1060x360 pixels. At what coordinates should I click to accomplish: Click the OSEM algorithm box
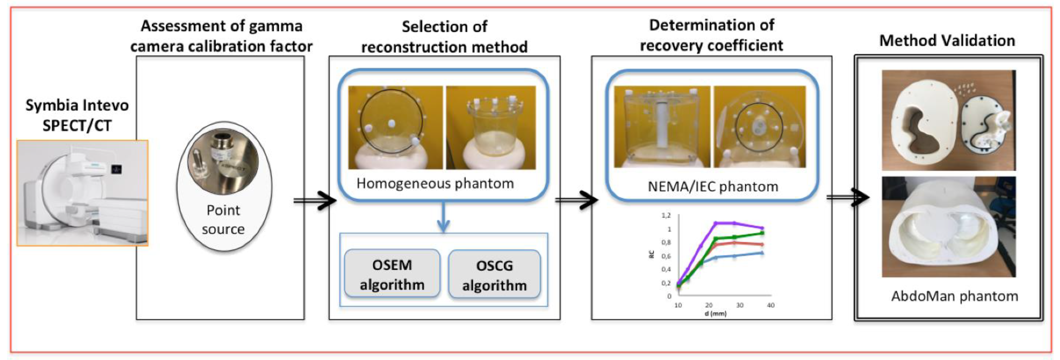tap(392, 274)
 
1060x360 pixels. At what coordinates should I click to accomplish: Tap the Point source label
tap(223, 219)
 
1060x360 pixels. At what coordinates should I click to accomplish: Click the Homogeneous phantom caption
tap(435, 184)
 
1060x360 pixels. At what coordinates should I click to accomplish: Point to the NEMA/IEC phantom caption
tap(713, 187)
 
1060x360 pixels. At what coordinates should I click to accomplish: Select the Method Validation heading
tap(947, 41)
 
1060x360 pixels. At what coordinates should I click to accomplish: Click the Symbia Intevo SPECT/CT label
tap(77, 115)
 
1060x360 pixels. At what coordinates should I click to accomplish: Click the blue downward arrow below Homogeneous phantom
tap(443, 218)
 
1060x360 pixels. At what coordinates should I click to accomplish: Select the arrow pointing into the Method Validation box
tap(848, 198)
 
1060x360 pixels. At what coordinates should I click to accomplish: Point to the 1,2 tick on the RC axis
tap(666, 215)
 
